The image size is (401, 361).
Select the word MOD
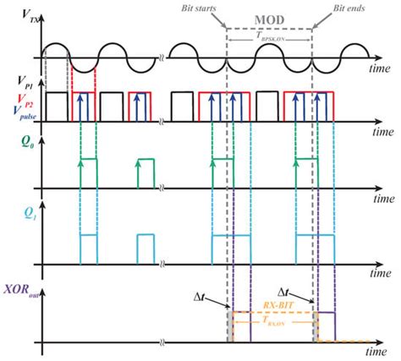click(269, 16)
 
